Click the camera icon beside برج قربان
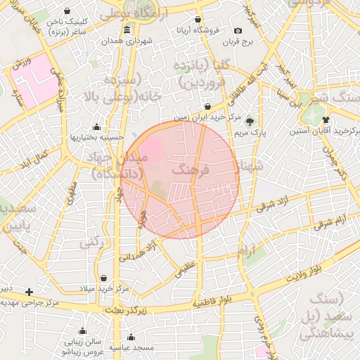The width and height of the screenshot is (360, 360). pos(238,31)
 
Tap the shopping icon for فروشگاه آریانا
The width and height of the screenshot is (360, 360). pos(198,19)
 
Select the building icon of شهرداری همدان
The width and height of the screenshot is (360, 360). pos(127,30)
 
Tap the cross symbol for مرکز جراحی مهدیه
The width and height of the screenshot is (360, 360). pos(29,292)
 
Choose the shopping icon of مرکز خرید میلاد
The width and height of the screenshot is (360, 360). pos(104,278)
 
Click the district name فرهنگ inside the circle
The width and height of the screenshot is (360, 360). pos(185,169)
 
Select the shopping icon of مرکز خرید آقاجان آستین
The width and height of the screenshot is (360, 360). pos(325,120)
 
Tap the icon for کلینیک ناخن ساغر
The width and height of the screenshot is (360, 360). pos(67,12)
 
